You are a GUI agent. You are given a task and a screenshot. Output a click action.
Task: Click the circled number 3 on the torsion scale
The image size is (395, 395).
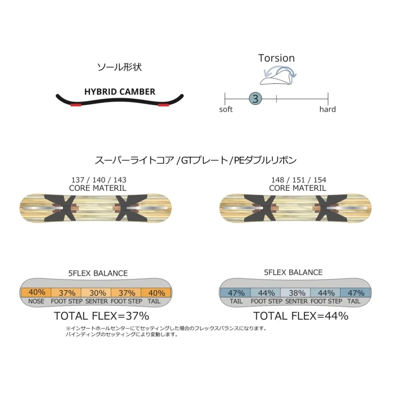(x=255, y=99)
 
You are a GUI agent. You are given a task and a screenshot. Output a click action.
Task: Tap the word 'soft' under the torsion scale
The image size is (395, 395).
(x=226, y=109)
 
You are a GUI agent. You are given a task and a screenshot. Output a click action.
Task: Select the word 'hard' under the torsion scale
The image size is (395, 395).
(x=327, y=109)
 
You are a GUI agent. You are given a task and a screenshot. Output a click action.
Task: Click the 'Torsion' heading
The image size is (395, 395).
(x=276, y=58)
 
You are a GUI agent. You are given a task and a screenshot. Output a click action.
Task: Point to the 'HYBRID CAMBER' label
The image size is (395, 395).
(x=120, y=92)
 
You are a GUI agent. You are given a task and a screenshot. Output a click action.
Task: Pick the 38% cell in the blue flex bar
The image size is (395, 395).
(x=297, y=293)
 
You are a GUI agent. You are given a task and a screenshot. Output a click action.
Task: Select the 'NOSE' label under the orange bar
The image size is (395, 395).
(x=36, y=301)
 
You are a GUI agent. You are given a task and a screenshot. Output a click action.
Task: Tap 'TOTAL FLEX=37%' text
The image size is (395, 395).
(x=101, y=316)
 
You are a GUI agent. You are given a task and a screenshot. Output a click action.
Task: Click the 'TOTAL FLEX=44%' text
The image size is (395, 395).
(x=301, y=316)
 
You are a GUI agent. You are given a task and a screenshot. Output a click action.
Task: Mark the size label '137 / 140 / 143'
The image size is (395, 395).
(x=99, y=180)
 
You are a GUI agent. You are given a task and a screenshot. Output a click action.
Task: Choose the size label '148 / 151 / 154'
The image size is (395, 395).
(x=299, y=180)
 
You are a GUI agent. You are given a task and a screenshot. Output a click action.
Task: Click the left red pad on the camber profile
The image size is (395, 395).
(x=76, y=105)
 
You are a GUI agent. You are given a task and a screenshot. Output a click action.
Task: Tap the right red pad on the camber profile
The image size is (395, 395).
(x=164, y=105)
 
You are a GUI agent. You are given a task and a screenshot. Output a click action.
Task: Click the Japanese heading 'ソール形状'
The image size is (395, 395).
(x=119, y=67)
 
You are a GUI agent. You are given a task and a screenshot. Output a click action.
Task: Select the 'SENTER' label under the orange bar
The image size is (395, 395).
(x=96, y=301)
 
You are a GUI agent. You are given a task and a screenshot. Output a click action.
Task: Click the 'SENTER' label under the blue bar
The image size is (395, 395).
(x=296, y=301)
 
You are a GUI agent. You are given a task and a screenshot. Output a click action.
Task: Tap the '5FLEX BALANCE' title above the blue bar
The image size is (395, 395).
(x=293, y=272)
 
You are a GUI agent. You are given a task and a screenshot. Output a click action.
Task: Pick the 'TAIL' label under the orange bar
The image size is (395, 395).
(x=154, y=301)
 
